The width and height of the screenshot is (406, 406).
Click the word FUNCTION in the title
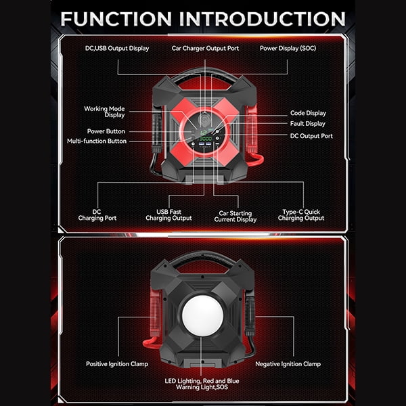pos(116,19)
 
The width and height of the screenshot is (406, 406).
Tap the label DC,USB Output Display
pos(117,49)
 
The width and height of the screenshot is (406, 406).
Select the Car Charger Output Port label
pos(205,49)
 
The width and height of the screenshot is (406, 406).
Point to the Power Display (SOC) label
pos(288,49)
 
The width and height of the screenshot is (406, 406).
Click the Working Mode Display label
pos(104,112)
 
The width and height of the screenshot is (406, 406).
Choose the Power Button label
pos(106,131)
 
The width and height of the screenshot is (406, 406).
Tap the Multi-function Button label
pos(97,141)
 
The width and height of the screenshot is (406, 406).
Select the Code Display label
pos(308,113)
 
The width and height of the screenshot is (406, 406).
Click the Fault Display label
pos(308,124)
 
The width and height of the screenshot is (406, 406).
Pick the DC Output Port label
pos(311,136)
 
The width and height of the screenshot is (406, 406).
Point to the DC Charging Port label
pos(97,215)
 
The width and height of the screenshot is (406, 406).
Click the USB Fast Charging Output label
pos(168,215)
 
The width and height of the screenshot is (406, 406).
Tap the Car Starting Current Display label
pos(235,217)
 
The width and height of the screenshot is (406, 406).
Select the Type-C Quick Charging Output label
pos(301,215)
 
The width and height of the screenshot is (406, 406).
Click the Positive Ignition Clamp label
pos(117,364)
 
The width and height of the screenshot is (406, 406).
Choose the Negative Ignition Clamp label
pos(288,364)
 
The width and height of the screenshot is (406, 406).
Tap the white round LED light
pos(203,315)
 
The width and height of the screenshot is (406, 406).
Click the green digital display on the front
pos(205,135)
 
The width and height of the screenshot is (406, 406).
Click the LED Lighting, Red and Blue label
pos(202,381)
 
